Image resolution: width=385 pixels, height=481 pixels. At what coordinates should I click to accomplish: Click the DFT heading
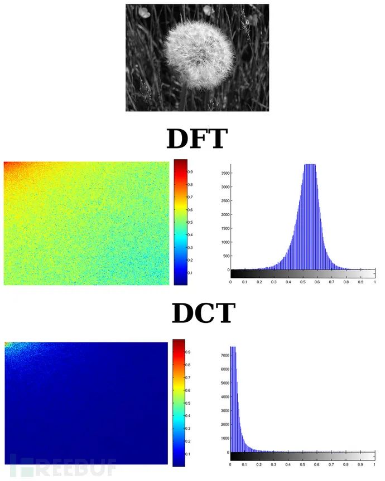pos(196,139)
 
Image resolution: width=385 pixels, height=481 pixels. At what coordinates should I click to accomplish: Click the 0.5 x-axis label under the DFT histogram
pos(303,282)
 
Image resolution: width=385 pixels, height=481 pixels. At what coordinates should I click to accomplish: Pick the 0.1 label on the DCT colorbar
pos(191,454)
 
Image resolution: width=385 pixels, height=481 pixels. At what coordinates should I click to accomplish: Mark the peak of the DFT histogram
pos(309,166)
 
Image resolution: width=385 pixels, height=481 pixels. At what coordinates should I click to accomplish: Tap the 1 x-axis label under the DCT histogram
pos(375,463)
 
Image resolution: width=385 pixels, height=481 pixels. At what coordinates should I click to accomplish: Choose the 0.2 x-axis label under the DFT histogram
pos(259,282)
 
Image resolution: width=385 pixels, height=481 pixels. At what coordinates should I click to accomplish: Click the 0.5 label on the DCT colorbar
pos(191,403)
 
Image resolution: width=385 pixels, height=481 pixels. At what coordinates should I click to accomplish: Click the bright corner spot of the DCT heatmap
pos(7,345)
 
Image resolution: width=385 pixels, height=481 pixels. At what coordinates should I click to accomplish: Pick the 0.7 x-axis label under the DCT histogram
pos(331,463)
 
